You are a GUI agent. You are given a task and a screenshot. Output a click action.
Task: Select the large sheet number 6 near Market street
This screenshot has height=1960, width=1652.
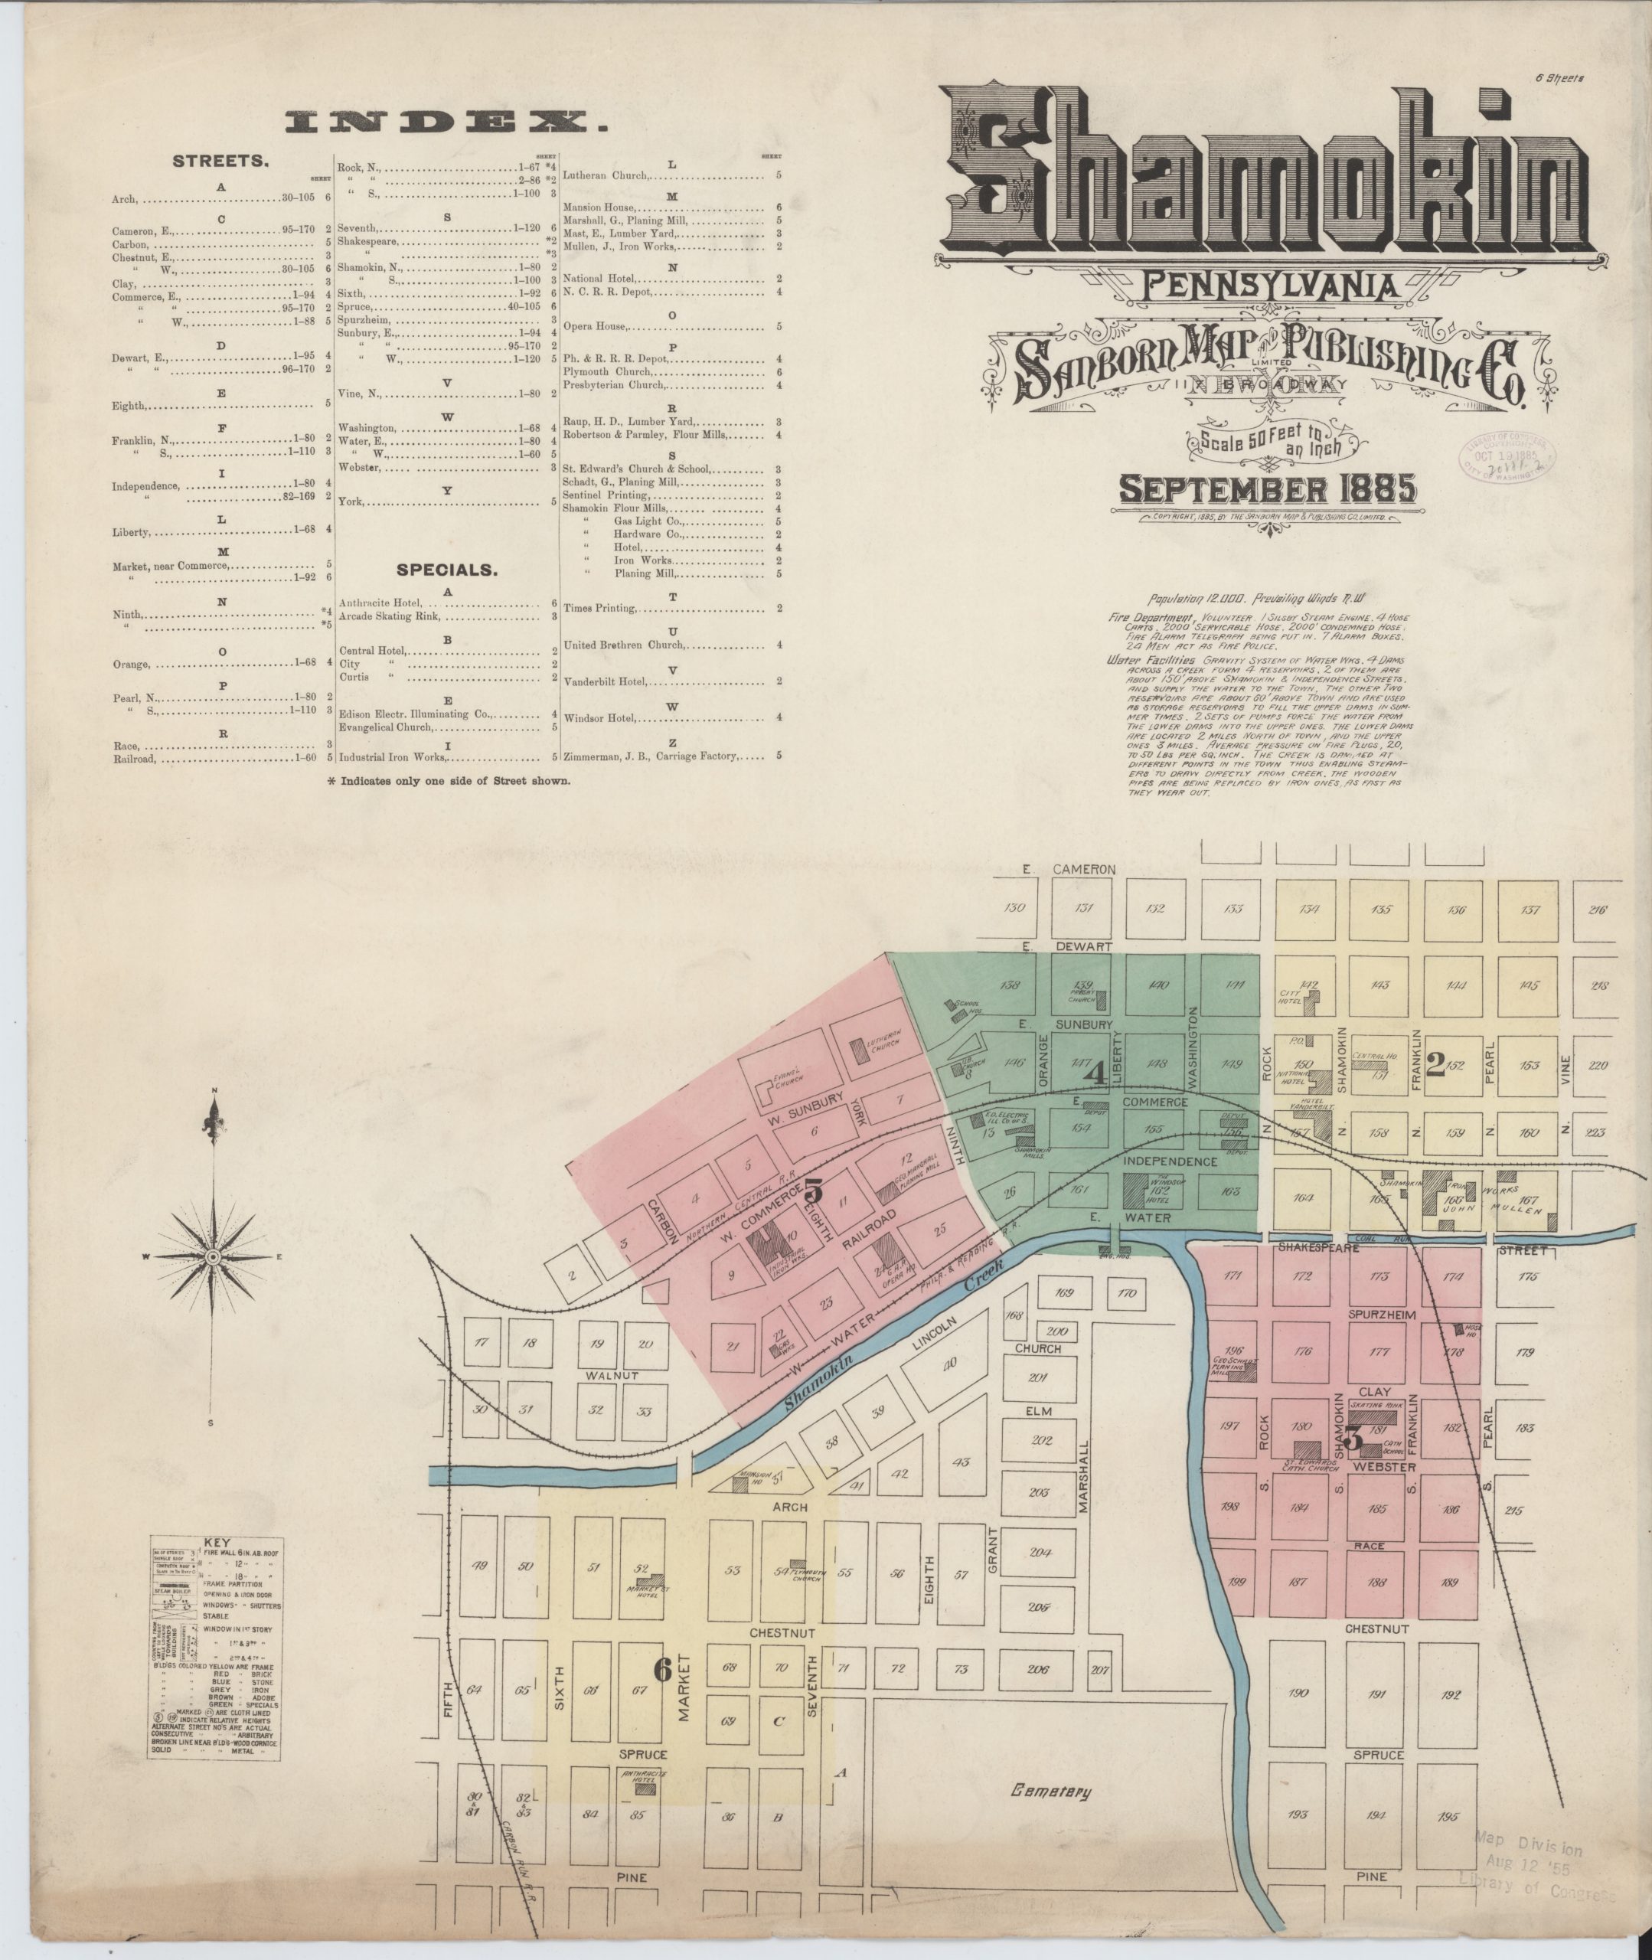[x=662, y=1671]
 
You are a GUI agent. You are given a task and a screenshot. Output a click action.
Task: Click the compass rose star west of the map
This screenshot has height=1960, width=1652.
[x=213, y=1256]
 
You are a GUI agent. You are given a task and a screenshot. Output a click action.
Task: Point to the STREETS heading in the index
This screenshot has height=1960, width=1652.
[x=221, y=161]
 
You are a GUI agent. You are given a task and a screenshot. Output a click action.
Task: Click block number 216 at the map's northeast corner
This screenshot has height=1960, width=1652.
[x=1598, y=910]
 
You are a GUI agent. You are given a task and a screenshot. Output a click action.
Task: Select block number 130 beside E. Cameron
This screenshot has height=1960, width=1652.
[x=1014, y=907]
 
